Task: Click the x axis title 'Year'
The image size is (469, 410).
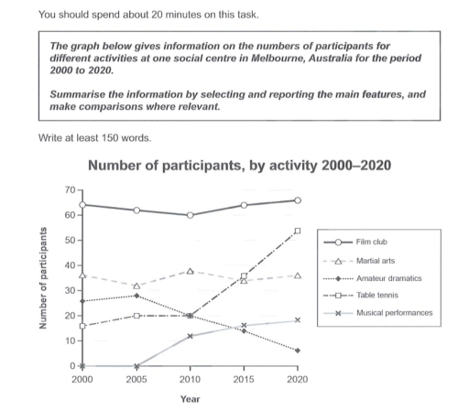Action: tap(190, 399)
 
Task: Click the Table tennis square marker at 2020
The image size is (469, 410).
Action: tap(298, 231)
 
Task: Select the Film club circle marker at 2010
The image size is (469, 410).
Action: tap(190, 215)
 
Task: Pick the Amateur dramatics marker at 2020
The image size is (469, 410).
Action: tap(298, 351)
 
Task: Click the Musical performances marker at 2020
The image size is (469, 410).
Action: tap(298, 320)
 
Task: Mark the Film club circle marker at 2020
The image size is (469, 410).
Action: tap(298, 200)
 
